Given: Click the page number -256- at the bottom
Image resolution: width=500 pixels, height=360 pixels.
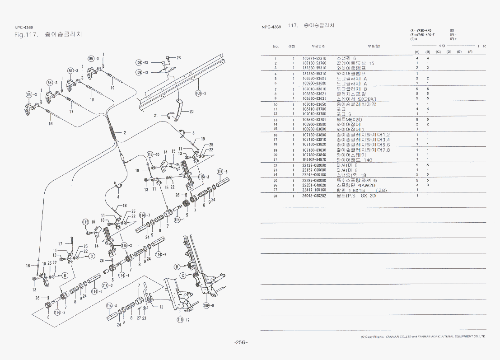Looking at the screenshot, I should pyautogui.click(x=241, y=342).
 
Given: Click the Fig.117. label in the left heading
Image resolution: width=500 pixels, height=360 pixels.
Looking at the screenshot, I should pyautogui.click(x=25, y=35).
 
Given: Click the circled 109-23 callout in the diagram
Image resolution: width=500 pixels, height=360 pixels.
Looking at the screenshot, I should pyautogui.click(x=141, y=62).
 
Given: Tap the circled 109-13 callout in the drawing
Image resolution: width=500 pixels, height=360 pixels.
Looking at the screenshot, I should pyautogui.click(x=141, y=72).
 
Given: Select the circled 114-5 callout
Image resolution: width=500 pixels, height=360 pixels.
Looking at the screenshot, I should pyautogui.click(x=221, y=172).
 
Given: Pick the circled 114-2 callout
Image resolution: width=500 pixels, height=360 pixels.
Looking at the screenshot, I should pyautogui.click(x=57, y=312).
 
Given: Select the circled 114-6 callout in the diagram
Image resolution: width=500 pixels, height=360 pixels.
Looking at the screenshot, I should pyautogui.click(x=94, y=291).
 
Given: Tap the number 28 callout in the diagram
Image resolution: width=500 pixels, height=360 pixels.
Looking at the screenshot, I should pyautogui.click(x=178, y=57).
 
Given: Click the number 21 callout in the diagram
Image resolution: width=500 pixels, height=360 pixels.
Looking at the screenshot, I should pyautogui.click(x=156, y=115).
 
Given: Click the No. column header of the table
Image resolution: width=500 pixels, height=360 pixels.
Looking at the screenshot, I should pyautogui.click(x=276, y=46).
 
